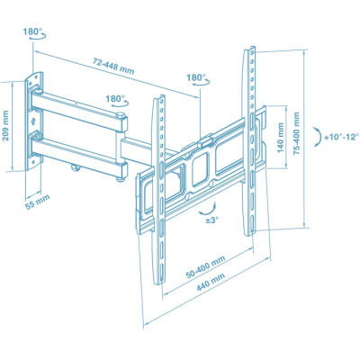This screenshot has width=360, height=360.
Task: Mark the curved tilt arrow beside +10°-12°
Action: click(318, 136)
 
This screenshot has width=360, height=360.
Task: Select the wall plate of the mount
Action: click(33, 121)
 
